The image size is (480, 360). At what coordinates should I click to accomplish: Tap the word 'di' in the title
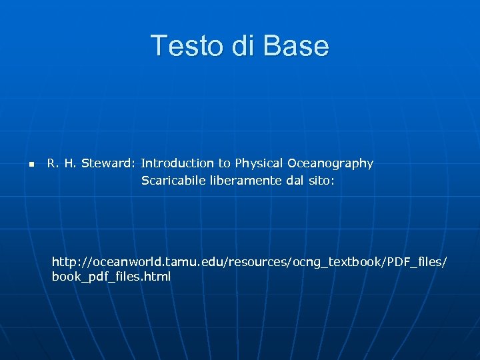tap(242, 46)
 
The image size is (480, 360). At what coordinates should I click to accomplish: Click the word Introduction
tap(177, 163)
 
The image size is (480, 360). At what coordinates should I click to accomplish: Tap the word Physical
tap(259, 163)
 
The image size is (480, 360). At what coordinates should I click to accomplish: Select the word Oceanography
tap(331, 163)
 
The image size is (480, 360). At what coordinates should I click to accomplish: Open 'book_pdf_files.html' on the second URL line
tap(111, 277)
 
